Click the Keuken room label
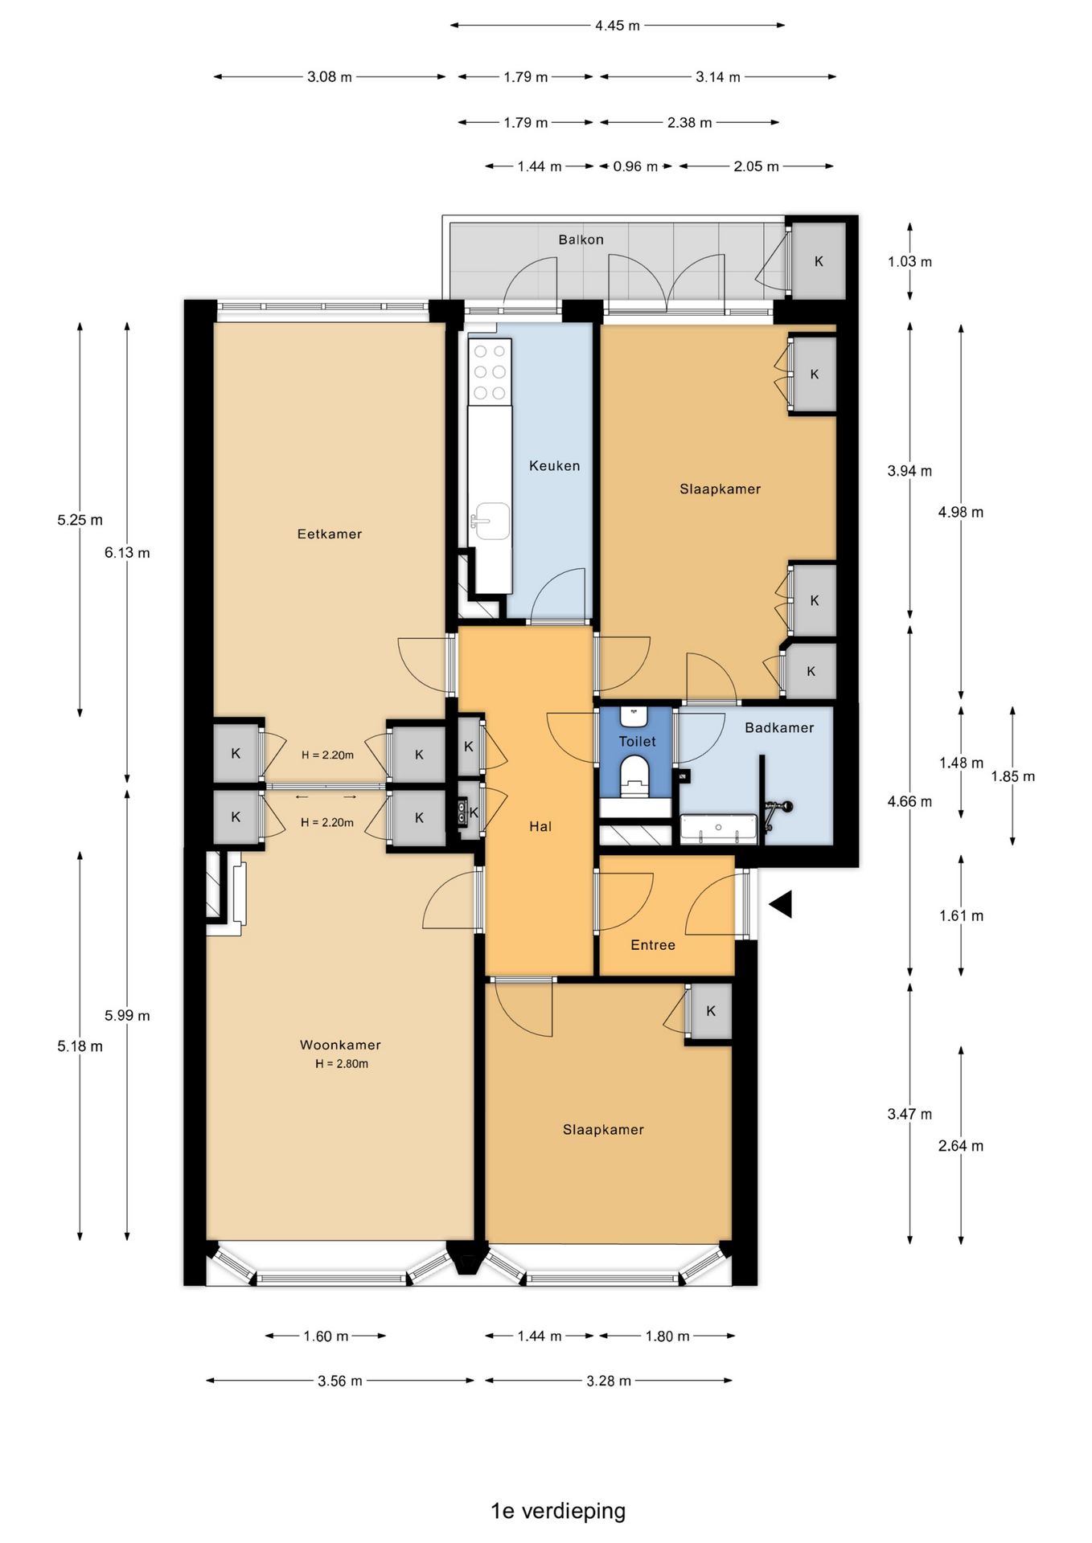554,465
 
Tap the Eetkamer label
330,534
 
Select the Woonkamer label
340,1045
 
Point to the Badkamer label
779,727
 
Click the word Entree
653,945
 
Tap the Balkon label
581,239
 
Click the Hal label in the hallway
540,826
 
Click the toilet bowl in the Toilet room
635,776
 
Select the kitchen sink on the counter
491,521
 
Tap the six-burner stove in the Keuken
491,372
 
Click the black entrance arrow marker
781,904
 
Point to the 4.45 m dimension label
618,26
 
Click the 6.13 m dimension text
127,553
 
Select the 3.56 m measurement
340,1381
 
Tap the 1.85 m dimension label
1012,776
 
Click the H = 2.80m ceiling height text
342,1063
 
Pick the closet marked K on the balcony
819,261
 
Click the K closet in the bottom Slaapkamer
711,1011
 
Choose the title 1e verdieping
558,1511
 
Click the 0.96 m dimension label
635,166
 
